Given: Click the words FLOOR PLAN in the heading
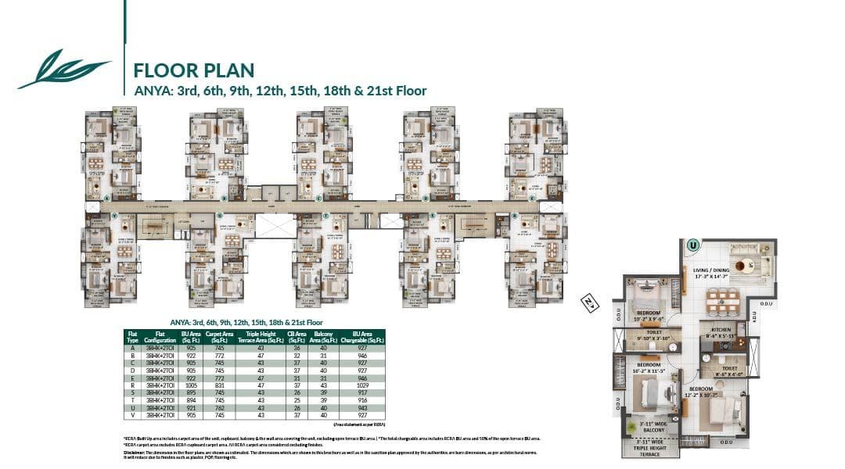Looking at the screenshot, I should coord(193,70).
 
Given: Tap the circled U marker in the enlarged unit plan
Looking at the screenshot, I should coord(692,245).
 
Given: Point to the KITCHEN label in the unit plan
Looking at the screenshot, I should coord(721,330).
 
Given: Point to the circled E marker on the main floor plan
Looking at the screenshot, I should coord(532,199).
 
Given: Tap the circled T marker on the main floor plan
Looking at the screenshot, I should coord(325,215).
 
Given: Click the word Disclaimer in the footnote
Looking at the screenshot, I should coord(136,451).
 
